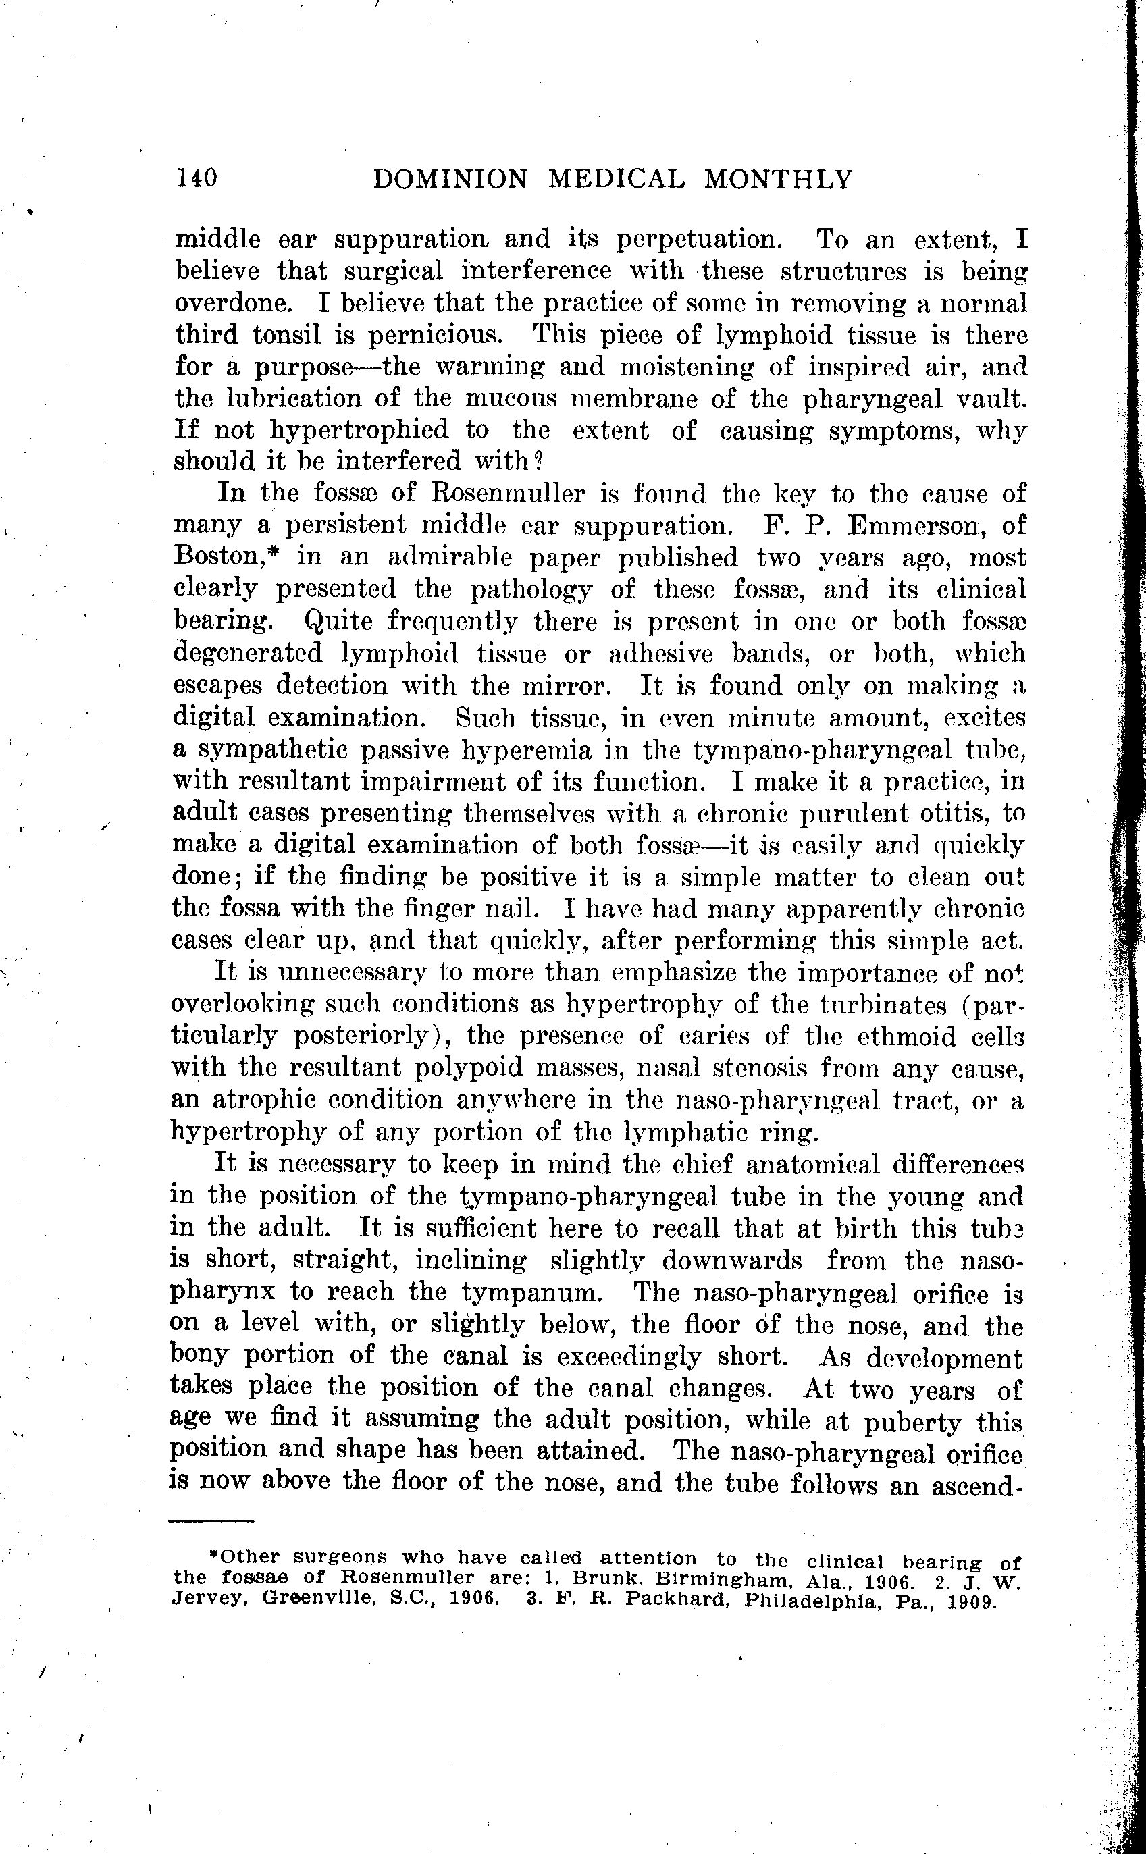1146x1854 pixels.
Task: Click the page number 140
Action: click(197, 178)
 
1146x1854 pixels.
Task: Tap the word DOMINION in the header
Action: click(450, 180)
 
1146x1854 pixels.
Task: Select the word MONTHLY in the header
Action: click(778, 180)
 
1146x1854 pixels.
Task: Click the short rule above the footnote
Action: click(211, 1520)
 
